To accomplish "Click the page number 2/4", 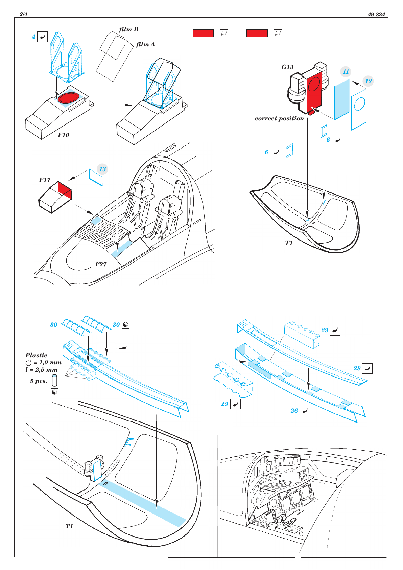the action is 23,14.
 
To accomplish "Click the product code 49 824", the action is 376,14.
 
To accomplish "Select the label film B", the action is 129,29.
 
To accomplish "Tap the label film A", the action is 145,44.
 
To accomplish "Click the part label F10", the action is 63,135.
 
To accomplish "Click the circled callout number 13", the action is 102,169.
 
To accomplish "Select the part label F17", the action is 45,180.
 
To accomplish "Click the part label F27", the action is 101,264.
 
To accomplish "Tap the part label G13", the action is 287,67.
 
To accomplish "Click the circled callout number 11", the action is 346,71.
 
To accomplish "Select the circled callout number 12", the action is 368,81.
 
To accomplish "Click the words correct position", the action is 280,119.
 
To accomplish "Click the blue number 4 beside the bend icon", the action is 33,37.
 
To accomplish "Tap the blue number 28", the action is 357,368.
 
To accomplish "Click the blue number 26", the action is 294,410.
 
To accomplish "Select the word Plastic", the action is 36,355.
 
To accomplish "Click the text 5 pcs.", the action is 39,381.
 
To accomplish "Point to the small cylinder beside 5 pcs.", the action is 54,381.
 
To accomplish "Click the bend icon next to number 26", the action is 305,411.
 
